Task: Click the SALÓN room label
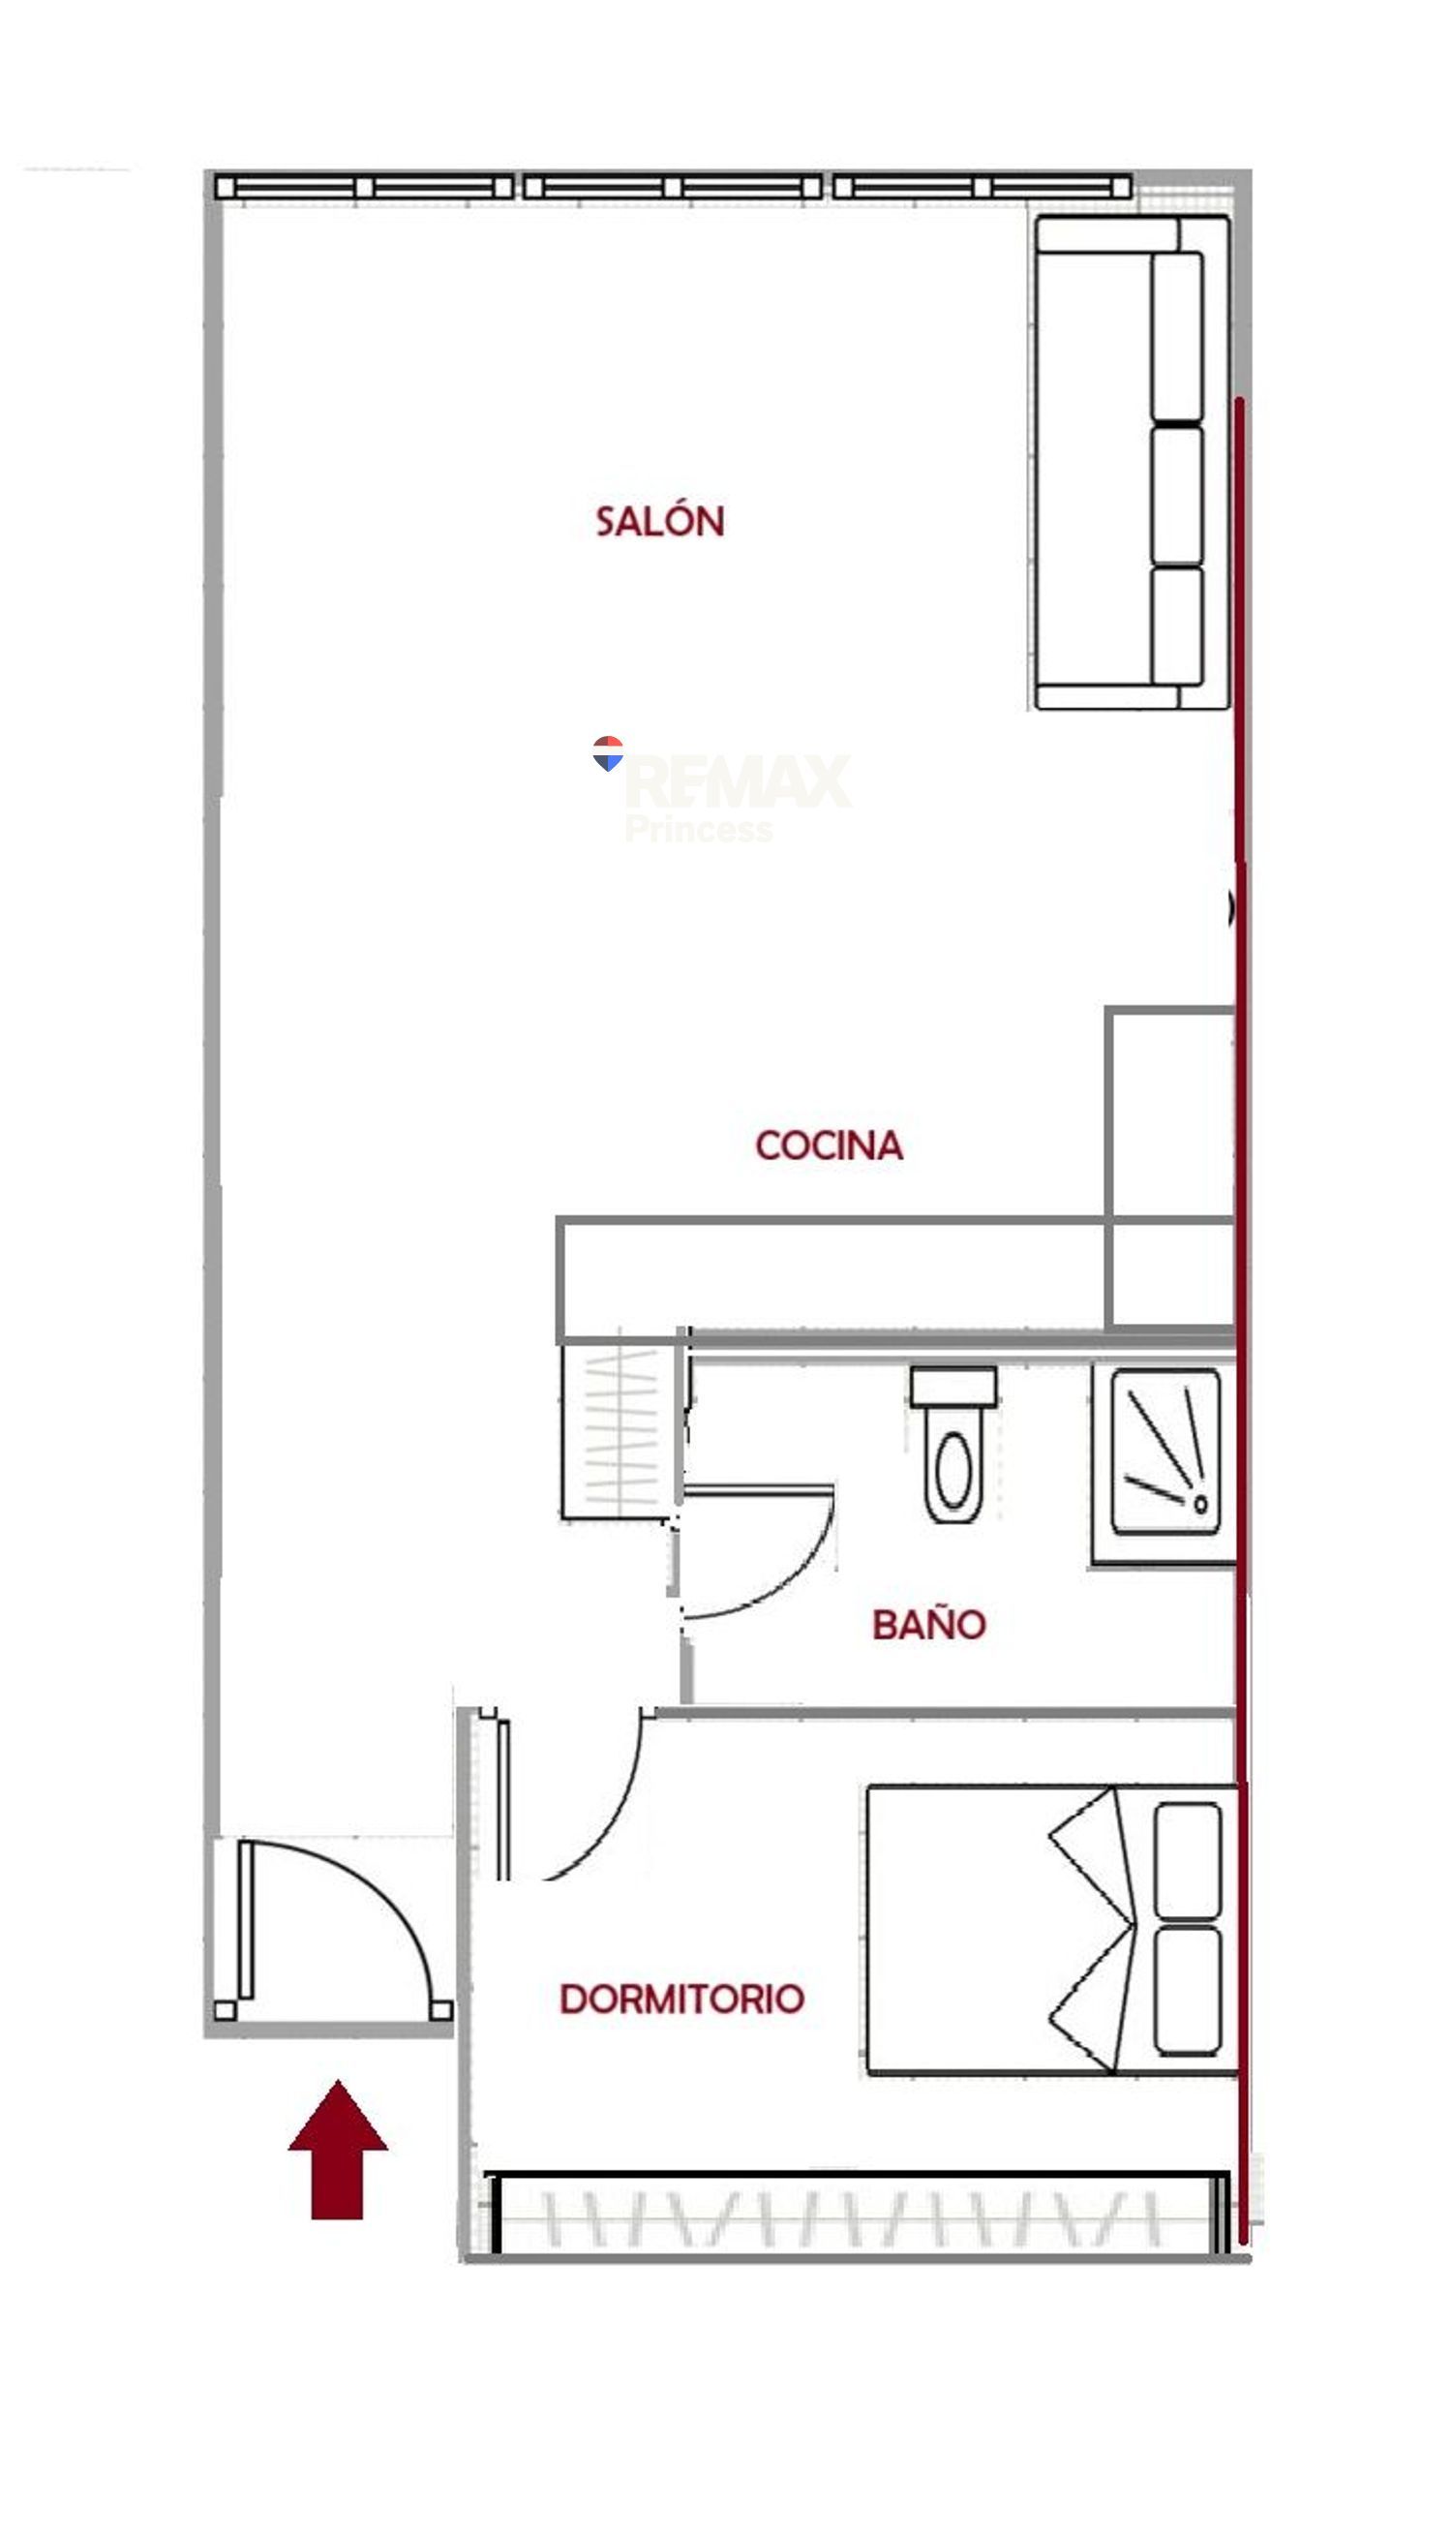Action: coord(659,521)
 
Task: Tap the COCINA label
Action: coord(829,1145)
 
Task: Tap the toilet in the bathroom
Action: coord(953,1443)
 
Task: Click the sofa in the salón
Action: coord(1132,462)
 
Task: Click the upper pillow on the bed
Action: coord(1187,1860)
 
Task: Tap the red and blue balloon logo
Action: coord(607,754)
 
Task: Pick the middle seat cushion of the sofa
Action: coord(1177,496)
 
